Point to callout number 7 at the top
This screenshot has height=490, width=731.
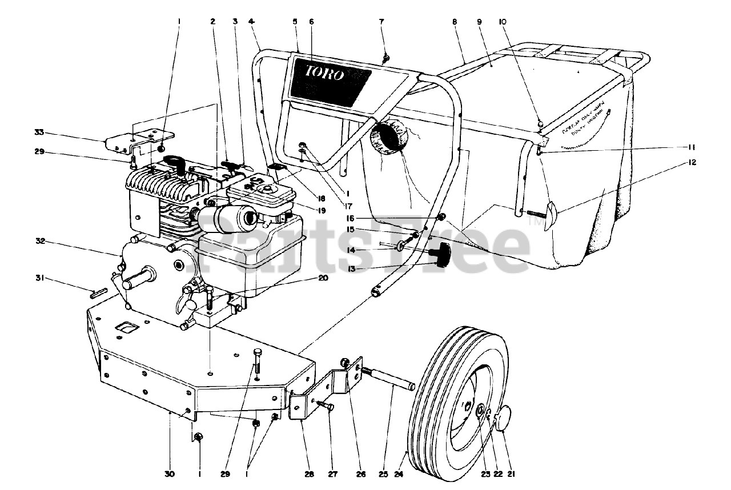pos(381,22)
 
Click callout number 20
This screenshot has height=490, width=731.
pos(323,279)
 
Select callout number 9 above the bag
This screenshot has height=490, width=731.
pos(480,22)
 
